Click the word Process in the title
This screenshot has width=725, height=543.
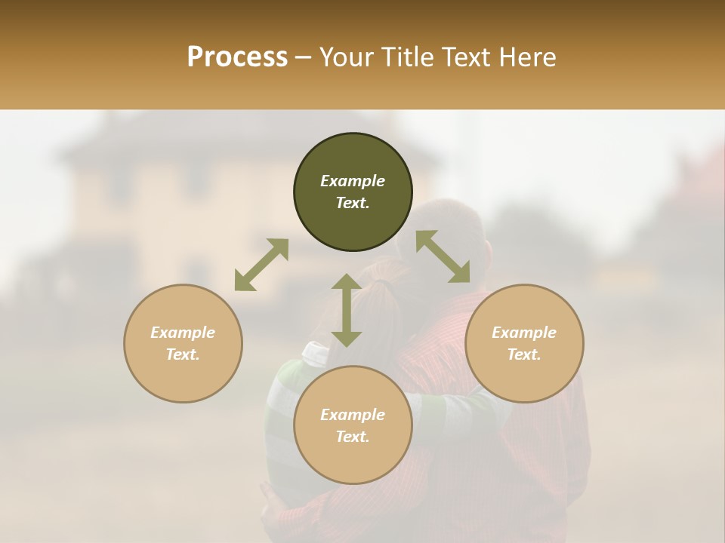pyautogui.click(x=237, y=57)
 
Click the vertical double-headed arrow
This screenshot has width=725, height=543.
pyautogui.click(x=347, y=310)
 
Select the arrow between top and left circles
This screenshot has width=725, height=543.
pyautogui.click(x=261, y=265)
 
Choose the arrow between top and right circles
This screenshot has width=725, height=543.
pyautogui.click(x=443, y=256)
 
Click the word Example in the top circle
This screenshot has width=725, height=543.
pyautogui.click(x=353, y=181)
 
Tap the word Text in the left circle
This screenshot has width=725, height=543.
pyautogui.click(x=183, y=354)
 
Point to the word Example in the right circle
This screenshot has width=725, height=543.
pyautogui.click(x=524, y=333)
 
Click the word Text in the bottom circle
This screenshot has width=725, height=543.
pyautogui.click(x=353, y=437)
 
